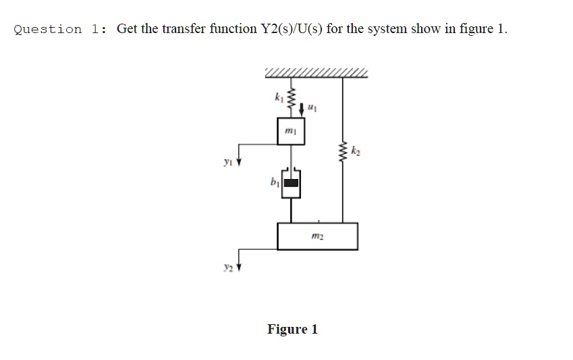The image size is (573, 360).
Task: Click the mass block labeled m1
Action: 291,131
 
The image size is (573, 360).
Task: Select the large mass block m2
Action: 317,236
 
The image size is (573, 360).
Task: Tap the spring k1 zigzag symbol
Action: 291,99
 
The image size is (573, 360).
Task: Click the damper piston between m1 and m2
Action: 291,183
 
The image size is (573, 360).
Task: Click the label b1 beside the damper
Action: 273,183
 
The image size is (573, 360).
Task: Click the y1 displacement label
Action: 230,163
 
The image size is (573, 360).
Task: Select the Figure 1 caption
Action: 292,330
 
